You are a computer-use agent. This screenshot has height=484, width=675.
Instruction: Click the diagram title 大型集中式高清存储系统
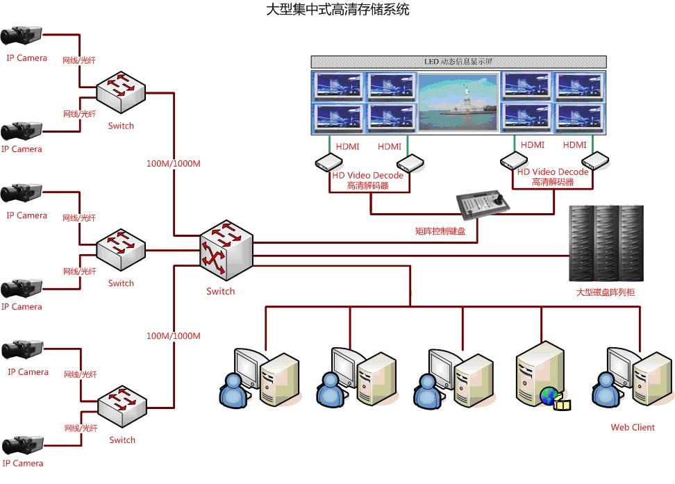[337, 10]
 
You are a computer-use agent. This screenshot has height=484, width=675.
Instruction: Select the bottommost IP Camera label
[22, 463]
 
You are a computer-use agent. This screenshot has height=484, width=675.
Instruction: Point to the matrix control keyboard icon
[485, 203]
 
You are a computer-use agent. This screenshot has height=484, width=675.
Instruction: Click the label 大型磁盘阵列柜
[605, 292]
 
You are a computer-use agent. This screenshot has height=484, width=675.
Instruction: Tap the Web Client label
[633, 427]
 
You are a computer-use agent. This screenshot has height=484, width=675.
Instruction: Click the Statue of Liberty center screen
[458, 102]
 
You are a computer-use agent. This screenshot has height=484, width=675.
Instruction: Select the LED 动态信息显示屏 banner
[458, 61]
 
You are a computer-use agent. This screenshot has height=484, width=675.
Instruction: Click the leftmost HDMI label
[348, 147]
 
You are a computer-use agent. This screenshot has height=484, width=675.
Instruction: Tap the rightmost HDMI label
[574, 145]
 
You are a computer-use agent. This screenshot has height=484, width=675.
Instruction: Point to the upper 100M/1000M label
[173, 164]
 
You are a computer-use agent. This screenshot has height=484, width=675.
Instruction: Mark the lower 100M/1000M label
[173, 336]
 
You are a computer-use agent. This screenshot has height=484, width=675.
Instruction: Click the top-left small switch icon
[121, 90]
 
